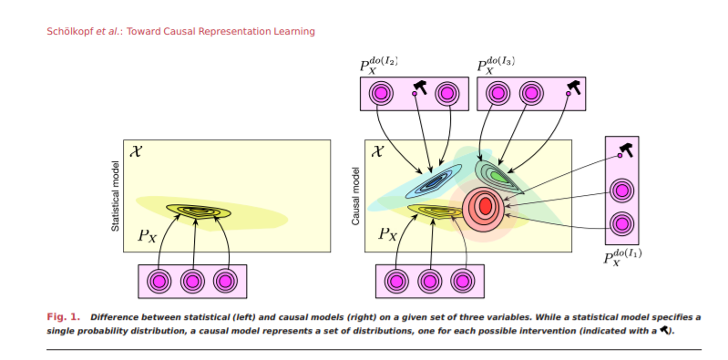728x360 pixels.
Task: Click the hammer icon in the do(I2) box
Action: tap(420, 88)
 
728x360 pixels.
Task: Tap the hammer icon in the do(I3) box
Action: tap(574, 88)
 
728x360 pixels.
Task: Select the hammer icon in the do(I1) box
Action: tap(626, 149)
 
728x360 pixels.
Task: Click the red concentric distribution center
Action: tap(485, 206)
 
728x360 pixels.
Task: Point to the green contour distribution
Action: tap(497, 174)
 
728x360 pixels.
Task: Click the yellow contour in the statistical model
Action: tap(198, 211)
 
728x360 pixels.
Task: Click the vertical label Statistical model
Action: tap(116, 196)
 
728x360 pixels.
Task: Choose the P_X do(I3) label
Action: tap(498, 66)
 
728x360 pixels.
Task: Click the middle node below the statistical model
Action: tap(192, 281)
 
